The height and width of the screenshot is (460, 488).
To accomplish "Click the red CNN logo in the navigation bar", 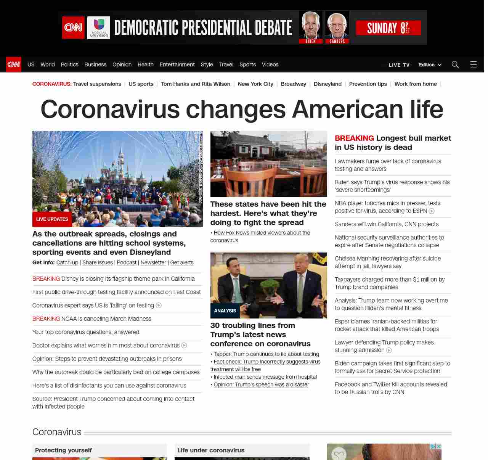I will pyautogui.click(x=14, y=64).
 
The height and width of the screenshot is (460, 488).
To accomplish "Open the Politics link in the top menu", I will pyautogui.click(x=69, y=64).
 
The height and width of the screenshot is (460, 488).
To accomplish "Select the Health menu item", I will pyautogui.click(x=145, y=64).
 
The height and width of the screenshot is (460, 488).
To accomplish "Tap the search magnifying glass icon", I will pyautogui.click(x=455, y=64).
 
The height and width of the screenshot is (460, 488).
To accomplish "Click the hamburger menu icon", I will pyautogui.click(x=474, y=64).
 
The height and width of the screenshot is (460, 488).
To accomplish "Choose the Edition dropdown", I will pyautogui.click(x=430, y=65).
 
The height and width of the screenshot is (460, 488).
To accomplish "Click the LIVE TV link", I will pyautogui.click(x=399, y=65).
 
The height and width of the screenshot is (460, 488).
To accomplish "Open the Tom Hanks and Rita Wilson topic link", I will pyautogui.click(x=195, y=84).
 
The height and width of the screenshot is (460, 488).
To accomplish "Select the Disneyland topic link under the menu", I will pyautogui.click(x=327, y=84).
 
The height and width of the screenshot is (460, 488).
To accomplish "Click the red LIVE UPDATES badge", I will pyautogui.click(x=52, y=219).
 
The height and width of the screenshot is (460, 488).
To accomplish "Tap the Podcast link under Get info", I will pyautogui.click(x=127, y=262).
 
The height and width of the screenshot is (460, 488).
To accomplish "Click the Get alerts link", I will pyautogui.click(x=181, y=262).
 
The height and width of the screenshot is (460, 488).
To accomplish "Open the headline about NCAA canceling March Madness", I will pyautogui.click(x=106, y=319).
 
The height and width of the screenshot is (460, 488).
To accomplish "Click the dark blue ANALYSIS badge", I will pyautogui.click(x=225, y=311).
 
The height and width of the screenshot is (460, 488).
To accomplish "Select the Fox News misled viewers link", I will pyautogui.click(x=262, y=233).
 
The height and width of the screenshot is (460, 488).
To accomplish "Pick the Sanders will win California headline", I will pyautogui.click(x=386, y=224).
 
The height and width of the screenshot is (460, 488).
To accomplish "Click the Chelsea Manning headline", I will pyautogui.click(x=387, y=262).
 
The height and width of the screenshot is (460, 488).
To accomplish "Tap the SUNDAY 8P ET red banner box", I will pyautogui.click(x=388, y=28).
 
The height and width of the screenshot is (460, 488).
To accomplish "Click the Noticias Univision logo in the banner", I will pyautogui.click(x=98, y=27).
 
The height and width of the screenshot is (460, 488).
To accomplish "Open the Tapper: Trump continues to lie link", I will pyautogui.click(x=266, y=354).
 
